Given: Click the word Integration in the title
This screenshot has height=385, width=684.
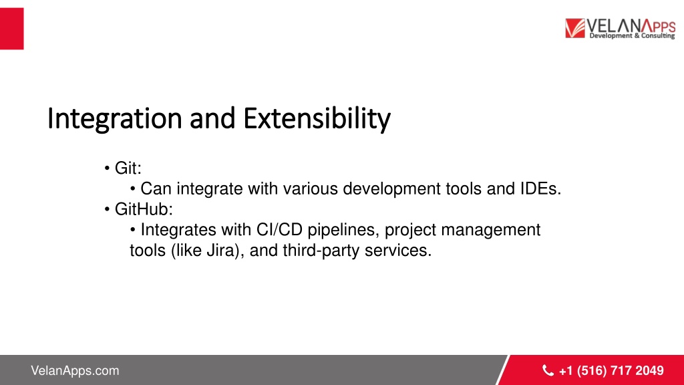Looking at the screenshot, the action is [x=114, y=119].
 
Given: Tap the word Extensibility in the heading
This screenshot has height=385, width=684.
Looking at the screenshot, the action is [x=317, y=119].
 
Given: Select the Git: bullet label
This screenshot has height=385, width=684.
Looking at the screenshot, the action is [x=128, y=168].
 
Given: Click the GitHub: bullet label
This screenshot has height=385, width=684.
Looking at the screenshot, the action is [x=144, y=209].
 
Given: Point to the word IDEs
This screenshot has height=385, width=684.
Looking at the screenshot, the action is [x=540, y=188].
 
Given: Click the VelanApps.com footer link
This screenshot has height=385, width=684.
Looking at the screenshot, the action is [x=75, y=370].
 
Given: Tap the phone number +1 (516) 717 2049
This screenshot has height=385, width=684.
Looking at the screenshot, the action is [x=611, y=370].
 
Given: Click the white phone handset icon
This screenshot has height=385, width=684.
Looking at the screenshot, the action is [x=548, y=370].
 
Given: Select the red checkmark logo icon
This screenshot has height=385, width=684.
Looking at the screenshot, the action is [x=575, y=28].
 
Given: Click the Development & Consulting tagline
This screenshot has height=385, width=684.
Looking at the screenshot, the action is [x=632, y=36].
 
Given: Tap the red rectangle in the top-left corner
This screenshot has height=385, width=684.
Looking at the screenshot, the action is [x=12, y=28].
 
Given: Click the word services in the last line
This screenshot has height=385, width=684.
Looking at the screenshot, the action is [x=398, y=250].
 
